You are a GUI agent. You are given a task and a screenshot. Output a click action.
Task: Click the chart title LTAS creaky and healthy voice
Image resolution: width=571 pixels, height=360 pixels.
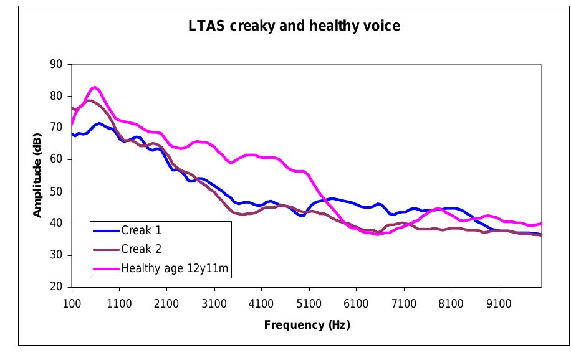coord(294,26)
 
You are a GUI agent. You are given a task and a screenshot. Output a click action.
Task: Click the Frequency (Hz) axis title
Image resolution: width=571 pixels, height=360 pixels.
coord(306,324)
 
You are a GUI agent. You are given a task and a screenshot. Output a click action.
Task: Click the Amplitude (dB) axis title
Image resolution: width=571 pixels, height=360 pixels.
coord(37,175)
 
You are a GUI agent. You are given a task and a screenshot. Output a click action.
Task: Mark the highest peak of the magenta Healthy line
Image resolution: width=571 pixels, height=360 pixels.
coord(95,87)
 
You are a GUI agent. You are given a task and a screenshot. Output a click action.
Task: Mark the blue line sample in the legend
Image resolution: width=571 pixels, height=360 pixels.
coord(106,230)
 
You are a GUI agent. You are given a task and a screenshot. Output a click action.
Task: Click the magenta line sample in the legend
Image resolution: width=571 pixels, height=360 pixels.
coord(106,268)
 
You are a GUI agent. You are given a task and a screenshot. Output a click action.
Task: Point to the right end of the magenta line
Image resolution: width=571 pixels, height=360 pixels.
coord(541,223)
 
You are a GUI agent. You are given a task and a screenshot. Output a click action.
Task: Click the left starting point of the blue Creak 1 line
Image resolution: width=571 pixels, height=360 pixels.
coord(72,133)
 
